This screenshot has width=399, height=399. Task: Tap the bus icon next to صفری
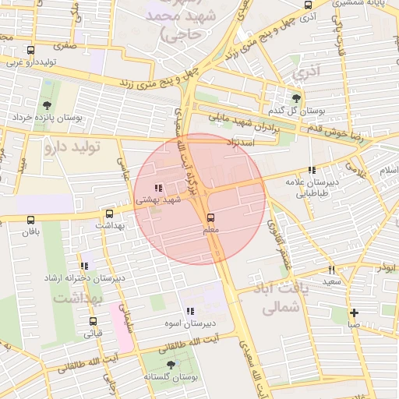30,50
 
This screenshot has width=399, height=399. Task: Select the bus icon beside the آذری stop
309,5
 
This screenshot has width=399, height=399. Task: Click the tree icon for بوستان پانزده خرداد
48,104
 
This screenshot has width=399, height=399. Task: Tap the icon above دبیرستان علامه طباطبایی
312,170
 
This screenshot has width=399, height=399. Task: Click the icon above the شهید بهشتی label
158,188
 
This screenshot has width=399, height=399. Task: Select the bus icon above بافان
30,221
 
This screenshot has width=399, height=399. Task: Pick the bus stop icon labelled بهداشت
108,214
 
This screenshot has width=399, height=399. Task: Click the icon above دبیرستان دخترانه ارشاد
84,266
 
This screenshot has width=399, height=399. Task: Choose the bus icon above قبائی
93,321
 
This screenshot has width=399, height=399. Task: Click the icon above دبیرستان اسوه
190,311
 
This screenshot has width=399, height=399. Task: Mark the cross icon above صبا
354,312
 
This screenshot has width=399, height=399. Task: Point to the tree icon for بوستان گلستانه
171,365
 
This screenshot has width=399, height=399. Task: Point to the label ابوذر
383,267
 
